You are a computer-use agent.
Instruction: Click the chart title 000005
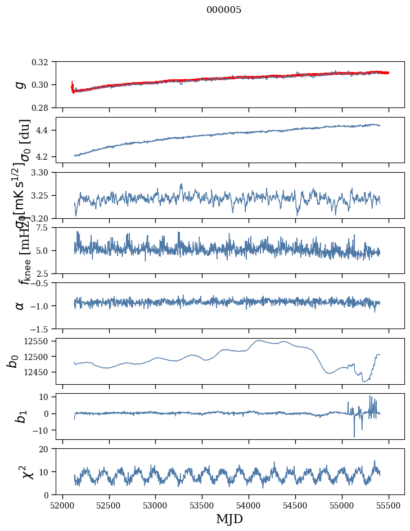click(224, 10)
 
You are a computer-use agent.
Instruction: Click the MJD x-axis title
click(229, 519)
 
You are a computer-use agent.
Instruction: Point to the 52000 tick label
click(62, 505)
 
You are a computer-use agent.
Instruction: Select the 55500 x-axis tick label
click(389, 505)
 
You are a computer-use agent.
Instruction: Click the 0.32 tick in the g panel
click(44, 62)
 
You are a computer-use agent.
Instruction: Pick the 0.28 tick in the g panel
click(44, 107)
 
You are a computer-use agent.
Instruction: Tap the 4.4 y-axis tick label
click(47, 130)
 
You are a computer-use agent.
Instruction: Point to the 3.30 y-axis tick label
click(44, 172)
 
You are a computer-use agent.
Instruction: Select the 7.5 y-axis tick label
click(47, 227)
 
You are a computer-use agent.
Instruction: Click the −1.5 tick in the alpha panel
click(42, 328)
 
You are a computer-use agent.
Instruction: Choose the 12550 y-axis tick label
click(40, 341)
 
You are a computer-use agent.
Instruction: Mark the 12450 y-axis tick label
click(40, 372)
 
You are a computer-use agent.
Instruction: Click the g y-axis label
click(20, 84)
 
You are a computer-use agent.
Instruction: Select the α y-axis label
click(20, 305)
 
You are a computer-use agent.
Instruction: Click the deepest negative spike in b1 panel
click(354, 436)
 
